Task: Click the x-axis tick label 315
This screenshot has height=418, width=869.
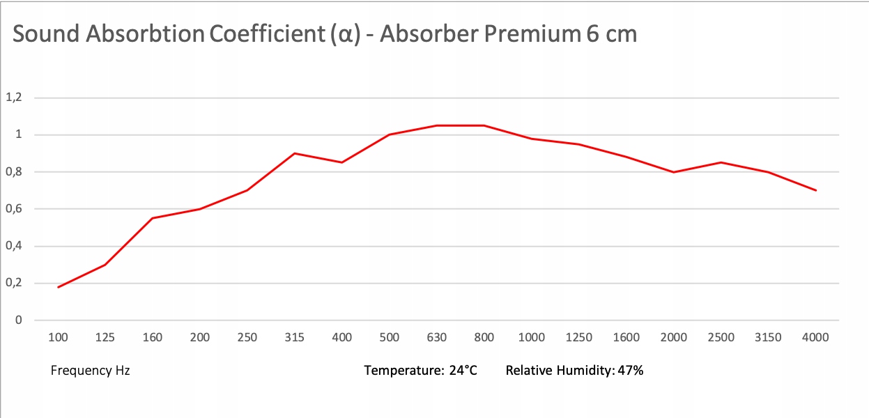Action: point(295,338)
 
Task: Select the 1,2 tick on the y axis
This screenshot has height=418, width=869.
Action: point(14,98)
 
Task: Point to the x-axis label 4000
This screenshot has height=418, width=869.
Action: point(815,338)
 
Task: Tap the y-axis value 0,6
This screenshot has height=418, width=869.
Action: point(14,209)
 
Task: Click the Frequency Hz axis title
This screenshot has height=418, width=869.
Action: point(91,371)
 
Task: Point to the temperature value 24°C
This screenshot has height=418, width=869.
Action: point(463,371)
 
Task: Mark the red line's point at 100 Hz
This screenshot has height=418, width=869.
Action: point(58,287)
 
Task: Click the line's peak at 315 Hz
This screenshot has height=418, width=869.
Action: point(295,153)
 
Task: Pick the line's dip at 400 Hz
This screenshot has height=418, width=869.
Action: point(342,162)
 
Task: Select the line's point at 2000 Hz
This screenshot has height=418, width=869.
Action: point(673,172)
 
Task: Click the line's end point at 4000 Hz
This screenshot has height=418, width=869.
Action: point(815,190)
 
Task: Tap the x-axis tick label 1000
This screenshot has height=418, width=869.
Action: point(532,338)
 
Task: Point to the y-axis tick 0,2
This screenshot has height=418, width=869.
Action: point(14,284)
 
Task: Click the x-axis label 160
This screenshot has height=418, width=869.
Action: point(153,338)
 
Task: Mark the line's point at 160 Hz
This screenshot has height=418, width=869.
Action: point(153,218)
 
